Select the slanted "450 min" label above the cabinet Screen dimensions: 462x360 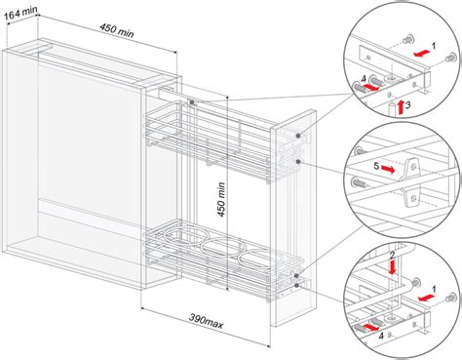(116, 30)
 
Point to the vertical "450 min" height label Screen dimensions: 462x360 (221, 199)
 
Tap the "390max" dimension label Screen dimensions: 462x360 (206, 321)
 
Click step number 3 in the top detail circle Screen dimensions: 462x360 (408, 104)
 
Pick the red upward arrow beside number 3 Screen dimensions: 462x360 (401, 107)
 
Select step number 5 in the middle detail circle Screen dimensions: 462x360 (376, 166)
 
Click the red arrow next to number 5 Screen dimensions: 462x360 (388, 169)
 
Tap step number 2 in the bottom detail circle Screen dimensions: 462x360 (392, 255)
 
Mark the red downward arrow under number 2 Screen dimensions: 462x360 (393, 266)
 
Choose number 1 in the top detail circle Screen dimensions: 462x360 (434, 46)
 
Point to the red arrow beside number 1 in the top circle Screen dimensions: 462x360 (422, 53)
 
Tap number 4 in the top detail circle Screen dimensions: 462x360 (364, 79)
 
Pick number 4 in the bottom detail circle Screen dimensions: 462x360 (381, 336)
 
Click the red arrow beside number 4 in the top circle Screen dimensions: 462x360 (370, 87)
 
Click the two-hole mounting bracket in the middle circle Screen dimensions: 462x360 (411, 182)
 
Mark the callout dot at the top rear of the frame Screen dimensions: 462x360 (192, 102)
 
